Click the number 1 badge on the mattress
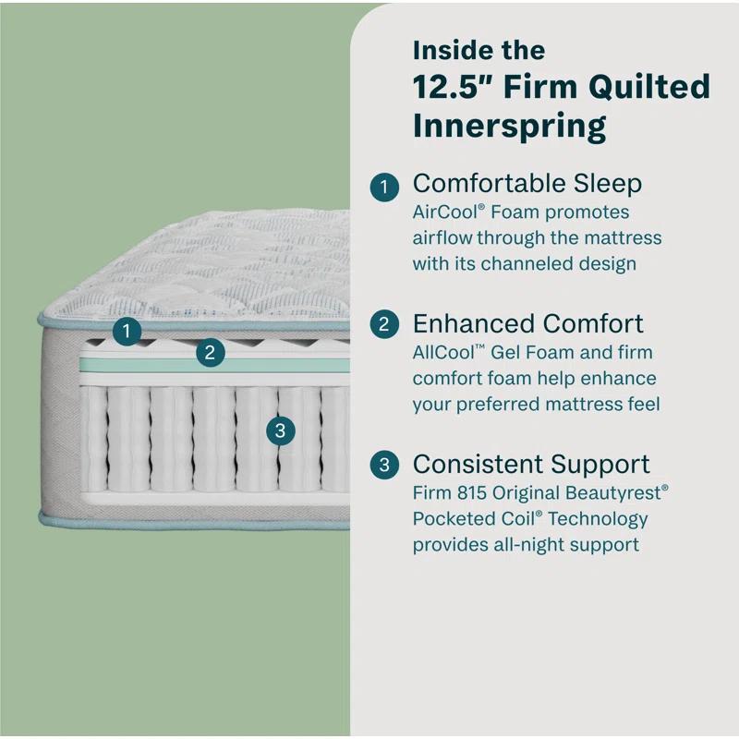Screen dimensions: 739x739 point(127,330)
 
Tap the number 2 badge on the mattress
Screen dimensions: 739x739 point(211,352)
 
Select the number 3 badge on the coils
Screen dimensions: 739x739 point(280,430)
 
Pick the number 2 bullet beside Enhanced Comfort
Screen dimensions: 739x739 point(384,325)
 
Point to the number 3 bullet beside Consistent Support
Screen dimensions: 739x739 point(384,465)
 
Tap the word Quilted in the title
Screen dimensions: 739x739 point(652,87)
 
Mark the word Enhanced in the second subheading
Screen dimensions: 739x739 point(471,324)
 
